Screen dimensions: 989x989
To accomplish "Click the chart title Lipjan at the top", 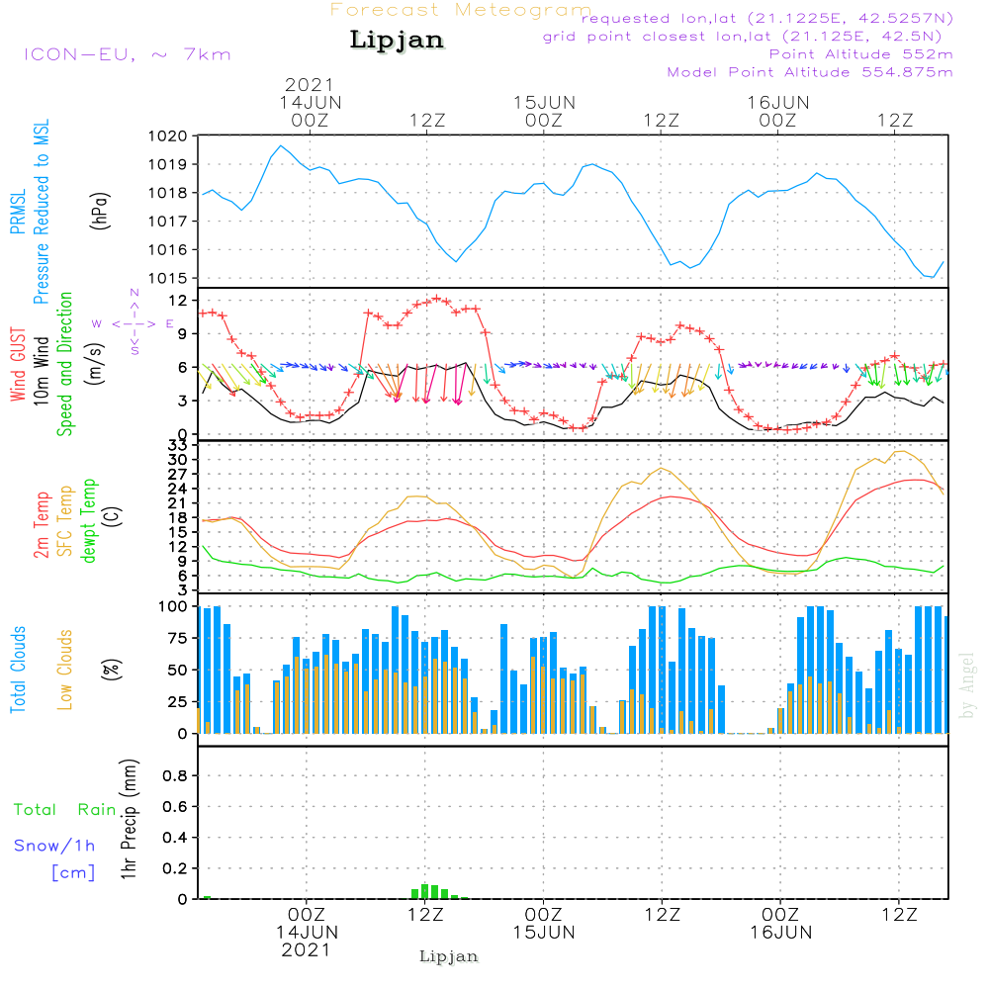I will click(x=397, y=41).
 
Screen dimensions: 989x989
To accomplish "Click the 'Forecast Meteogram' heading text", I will click(x=461, y=10).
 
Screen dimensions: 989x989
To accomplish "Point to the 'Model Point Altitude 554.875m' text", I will click(x=810, y=72).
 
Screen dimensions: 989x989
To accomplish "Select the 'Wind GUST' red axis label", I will click(x=19, y=365).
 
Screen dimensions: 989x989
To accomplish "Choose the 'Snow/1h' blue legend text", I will click(x=55, y=846).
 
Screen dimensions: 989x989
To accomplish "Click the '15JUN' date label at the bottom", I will click(x=543, y=933).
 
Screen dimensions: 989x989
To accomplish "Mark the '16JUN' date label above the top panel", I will click(x=778, y=102).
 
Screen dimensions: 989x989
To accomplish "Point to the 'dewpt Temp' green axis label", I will click(x=89, y=521).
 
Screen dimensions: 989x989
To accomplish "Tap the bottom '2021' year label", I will click(x=306, y=949).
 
